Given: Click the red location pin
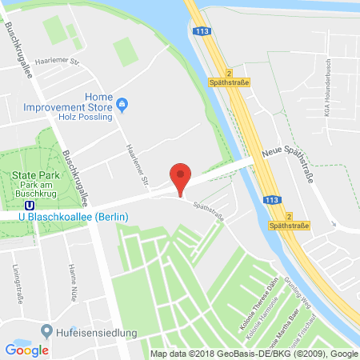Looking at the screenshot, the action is click(182, 178).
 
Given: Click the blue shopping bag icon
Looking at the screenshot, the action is click(122, 103).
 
